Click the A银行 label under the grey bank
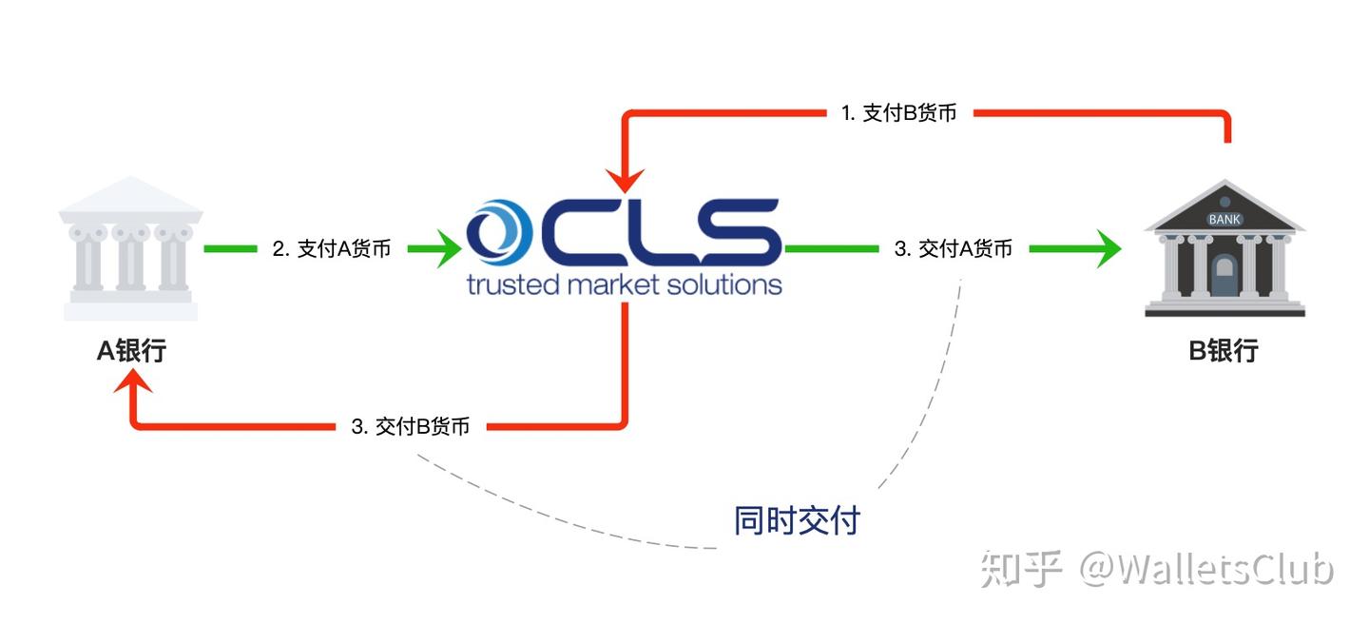point(132,350)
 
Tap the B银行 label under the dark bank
point(1224,350)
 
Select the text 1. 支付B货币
point(899,113)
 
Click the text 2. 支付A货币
point(332,249)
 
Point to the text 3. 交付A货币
point(954,249)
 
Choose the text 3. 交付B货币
point(411,427)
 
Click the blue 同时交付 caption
point(797,520)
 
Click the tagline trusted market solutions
point(624,283)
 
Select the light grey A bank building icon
point(131,249)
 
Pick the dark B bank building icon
point(1224,249)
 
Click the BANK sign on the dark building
point(1224,220)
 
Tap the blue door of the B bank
point(1224,278)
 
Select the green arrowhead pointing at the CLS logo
point(443,249)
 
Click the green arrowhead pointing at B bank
point(1106,249)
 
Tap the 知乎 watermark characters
point(1021,569)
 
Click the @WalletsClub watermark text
point(1206,569)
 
